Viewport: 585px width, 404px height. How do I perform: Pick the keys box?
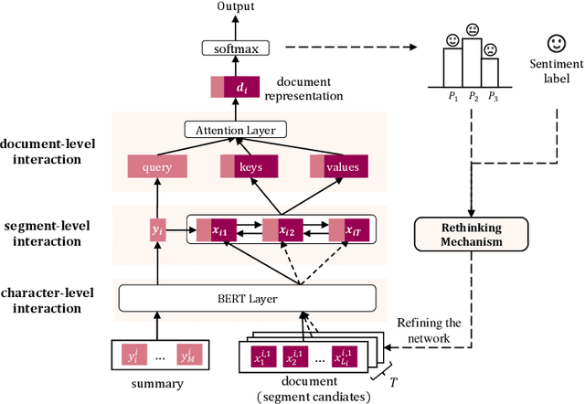click(250, 167)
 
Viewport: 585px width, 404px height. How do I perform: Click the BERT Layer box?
click(247, 298)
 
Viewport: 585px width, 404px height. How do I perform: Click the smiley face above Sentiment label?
click(555, 44)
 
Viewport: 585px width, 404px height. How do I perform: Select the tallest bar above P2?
click(472, 63)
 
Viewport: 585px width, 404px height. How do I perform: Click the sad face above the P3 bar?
click(492, 50)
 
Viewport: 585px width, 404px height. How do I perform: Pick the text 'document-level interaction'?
click(56, 152)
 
